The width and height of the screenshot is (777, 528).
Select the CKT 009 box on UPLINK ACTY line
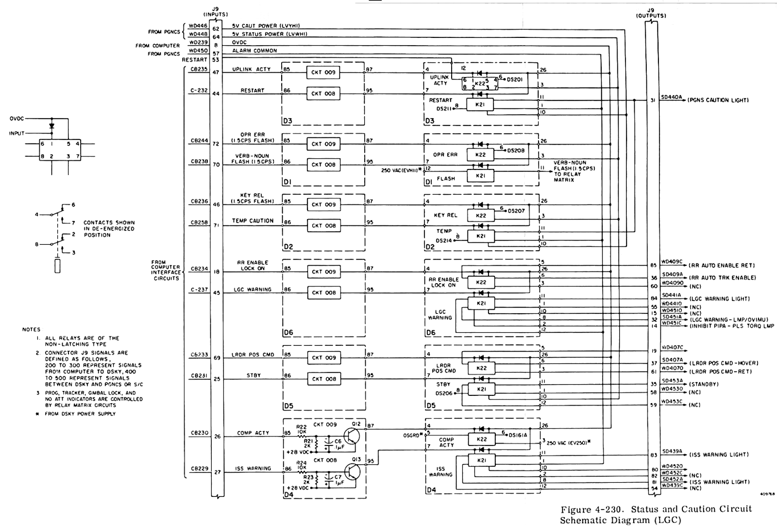pos(323,72)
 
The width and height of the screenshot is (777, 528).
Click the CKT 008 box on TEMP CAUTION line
pos(323,225)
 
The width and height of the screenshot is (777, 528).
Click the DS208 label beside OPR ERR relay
pos(516,151)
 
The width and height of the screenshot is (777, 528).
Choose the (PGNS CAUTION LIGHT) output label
pos(718,100)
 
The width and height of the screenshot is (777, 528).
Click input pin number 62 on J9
pos(216,29)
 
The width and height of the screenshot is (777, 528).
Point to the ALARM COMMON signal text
pos(254,51)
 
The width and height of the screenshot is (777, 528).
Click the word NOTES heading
pos(31,330)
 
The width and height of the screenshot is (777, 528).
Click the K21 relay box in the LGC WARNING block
pos(481,303)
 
